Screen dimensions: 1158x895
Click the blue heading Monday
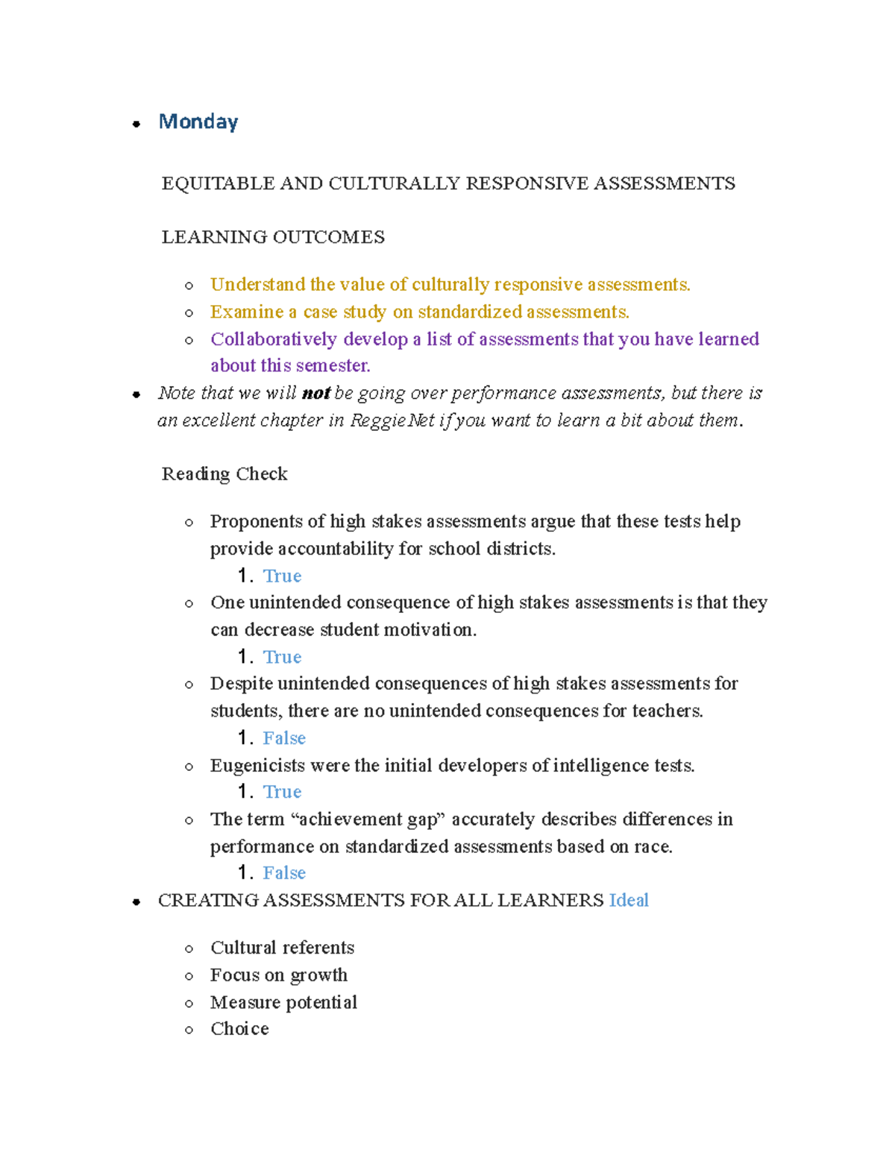[x=198, y=122]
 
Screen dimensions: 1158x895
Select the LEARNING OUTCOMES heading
[x=273, y=237]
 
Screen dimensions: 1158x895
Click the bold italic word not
[x=315, y=393]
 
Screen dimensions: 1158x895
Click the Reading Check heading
[x=224, y=474]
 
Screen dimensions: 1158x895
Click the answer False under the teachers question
[x=284, y=738]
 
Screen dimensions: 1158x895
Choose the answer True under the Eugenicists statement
[x=282, y=792]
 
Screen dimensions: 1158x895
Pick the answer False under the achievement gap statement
[x=284, y=873]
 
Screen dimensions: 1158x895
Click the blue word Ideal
[x=629, y=901]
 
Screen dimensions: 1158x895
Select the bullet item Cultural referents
[x=282, y=948]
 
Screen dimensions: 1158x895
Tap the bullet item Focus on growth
[x=278, y=975]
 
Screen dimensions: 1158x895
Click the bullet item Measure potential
[x=283, y=1002]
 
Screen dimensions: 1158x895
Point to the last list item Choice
[x=239, y=1029]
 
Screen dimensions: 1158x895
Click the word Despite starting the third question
[x=241, y=684]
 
